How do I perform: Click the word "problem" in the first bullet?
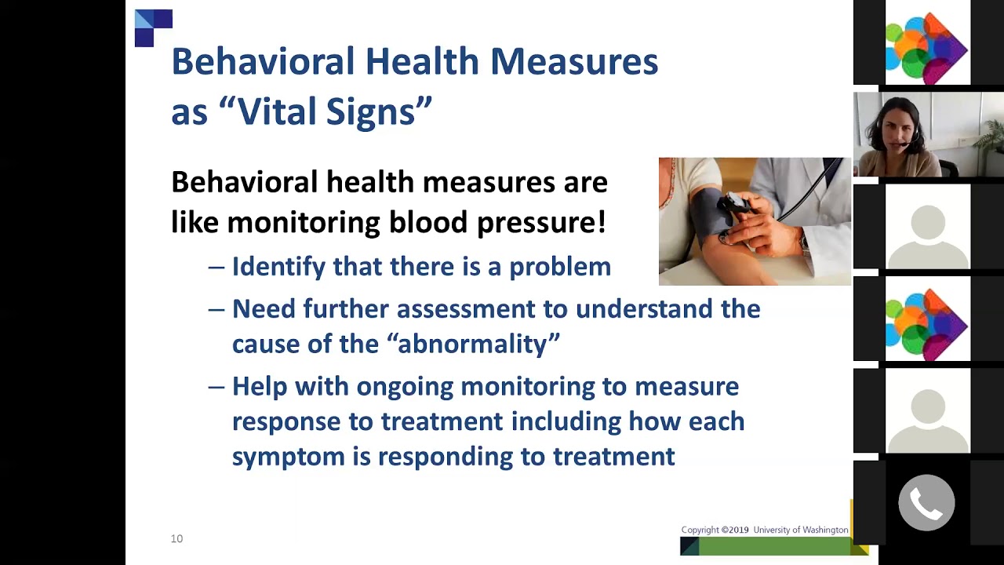click(x=559, y=267)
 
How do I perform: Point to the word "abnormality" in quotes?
click(x=478, y=344)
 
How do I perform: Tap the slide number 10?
click(x=176, y=538)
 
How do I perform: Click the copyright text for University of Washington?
click(x=764, y=530)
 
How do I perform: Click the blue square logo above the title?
click(x=153, y=27)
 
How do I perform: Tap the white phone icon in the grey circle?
click(x=926, y=503)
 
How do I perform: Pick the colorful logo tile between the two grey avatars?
click(x=926, y=322)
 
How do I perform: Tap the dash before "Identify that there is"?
click(x=216, y=267)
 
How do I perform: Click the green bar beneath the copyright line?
click(x=773, y=546)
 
